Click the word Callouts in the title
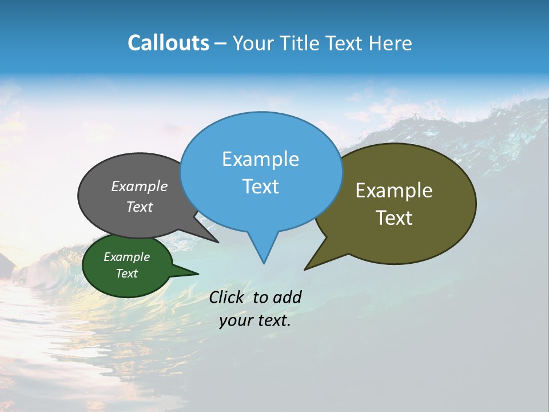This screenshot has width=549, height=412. (168, 43)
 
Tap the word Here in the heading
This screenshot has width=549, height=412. (391, 43)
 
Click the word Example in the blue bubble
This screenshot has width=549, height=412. (260, 159)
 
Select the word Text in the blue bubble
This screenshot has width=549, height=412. (260, 187)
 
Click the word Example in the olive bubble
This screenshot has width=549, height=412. (394, 191)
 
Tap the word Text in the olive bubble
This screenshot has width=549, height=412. (394, 218)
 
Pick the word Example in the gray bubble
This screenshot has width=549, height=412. (139, 187)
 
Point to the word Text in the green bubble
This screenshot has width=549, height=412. (127, 274)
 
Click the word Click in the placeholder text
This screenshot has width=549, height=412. (229, 297)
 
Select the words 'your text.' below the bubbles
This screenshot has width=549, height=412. (255, 320)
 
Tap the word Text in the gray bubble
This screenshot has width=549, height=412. (139, 207)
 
